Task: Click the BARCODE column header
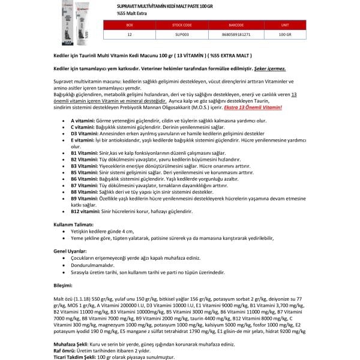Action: [230, 26]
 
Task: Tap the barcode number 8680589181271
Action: [230, 35]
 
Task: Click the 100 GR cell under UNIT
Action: [285, 35]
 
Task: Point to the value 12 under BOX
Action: [130, 35]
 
